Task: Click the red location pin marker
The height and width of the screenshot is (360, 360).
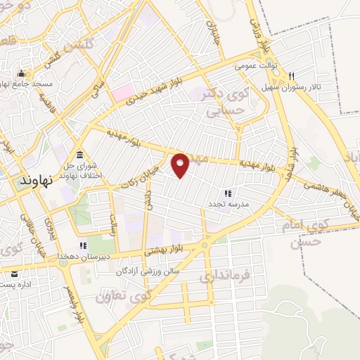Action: tap(181, 165)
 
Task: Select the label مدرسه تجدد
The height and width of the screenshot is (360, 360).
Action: tap(225, 204)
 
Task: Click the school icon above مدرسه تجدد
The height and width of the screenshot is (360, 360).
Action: tap(228, 193)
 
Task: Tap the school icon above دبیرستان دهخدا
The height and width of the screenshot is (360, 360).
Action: tap(82, 245)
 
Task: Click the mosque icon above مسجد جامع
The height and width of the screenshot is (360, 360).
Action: tap(21, 73)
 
